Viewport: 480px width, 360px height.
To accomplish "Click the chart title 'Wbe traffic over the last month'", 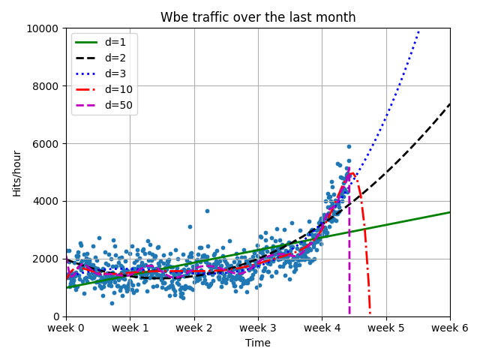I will tap(258, 17).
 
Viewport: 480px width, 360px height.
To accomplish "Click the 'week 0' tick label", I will tap(66, 328).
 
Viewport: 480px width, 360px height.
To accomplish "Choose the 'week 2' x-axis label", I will tap(194, 328).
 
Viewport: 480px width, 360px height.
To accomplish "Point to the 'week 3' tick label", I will tap(258, 328).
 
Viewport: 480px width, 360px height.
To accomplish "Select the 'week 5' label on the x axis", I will tap(386, 328).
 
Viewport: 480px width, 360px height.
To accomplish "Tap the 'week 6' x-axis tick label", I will tap(449, 328).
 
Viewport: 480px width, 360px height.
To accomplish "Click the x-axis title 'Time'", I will tap(258, 343).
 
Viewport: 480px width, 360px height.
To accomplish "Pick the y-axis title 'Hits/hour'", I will tap(16, 172).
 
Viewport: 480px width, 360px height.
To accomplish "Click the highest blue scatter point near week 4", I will tap(349, 146).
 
